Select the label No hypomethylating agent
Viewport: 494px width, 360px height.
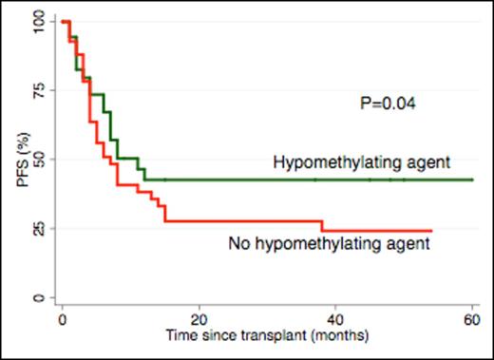[330, 243]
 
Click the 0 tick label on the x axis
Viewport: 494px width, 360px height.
[62, 320]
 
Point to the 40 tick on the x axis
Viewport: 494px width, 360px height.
[336, 320]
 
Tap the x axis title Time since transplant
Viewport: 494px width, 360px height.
[266, 338]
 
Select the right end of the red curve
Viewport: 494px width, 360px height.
[432, 231]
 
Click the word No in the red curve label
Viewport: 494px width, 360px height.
[238, 243]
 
